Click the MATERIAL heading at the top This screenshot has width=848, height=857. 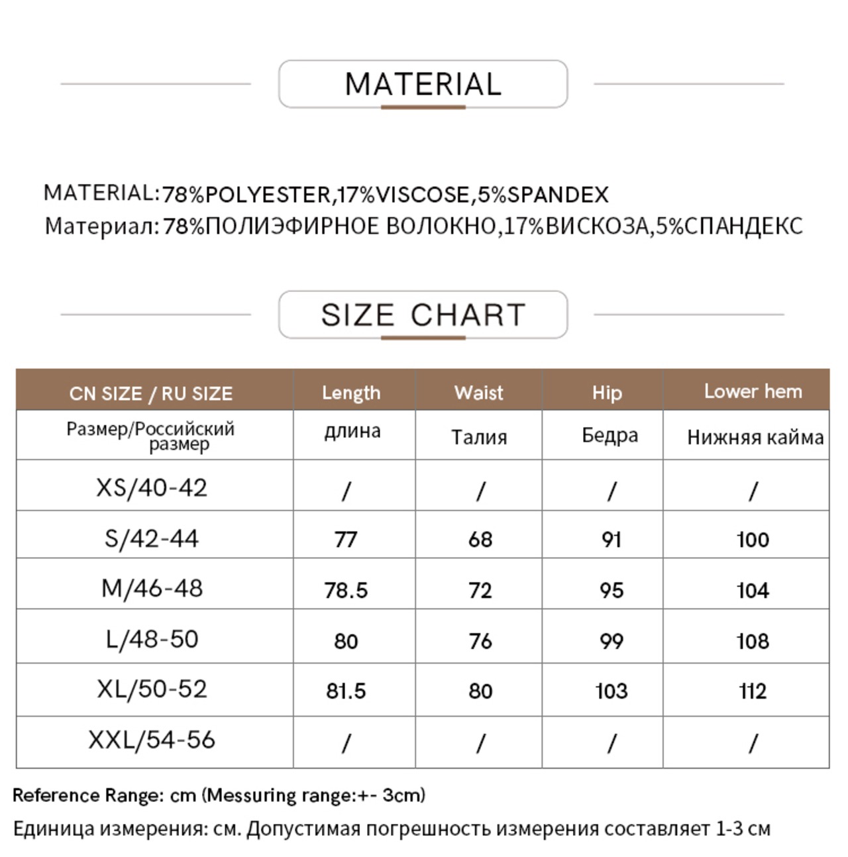tap(423, 84)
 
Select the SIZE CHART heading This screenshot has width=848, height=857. tap(423, 315)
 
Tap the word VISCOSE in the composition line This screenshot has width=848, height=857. tap(423, 195)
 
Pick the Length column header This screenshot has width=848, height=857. tap(351, 393)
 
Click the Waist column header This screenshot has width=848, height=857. tap(478, 393)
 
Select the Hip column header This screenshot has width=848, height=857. tap(607, 393)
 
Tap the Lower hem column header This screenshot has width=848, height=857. tap(753, 391)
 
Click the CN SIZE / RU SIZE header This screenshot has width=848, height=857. tap(151, 393)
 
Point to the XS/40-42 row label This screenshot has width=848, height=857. tap(152, 488)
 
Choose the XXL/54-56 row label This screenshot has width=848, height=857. tap(152, 740)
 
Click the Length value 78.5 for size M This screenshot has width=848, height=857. tap(346, 590)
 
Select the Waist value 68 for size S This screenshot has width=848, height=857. tap(480, 540)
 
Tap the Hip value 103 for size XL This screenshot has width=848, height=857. tap(611, 691)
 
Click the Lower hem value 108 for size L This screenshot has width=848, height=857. tap(753, 641)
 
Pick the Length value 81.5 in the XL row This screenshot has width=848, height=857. tap(346, 691)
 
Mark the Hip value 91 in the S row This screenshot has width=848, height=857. tap(611, 540)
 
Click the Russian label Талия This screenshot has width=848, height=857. tap(479, 437)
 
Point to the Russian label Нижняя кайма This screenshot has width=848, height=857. tap(755, 437)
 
